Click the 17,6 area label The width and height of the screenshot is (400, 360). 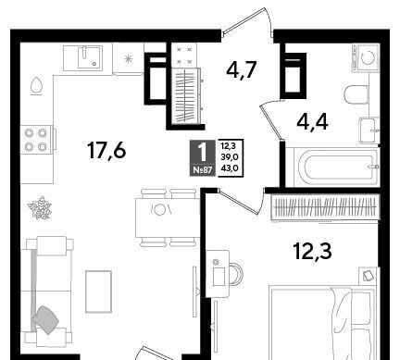[106, 151]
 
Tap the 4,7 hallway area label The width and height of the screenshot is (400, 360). [242, 69]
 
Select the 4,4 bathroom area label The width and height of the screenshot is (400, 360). [312, 121]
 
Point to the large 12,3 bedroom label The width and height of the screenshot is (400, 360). [313, 251]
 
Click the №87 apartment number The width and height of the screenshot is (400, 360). [202, 170]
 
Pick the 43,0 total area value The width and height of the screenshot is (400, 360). [231, 168]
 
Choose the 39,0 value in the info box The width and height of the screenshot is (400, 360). [231, 157]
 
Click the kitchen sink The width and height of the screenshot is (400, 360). [90, 57]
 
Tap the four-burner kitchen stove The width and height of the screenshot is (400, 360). [36, 140]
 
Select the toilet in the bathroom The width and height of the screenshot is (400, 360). [356, 95]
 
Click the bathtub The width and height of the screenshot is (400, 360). [332, 167]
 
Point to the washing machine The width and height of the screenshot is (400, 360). [366, 57]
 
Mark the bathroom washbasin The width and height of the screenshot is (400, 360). [369, 130]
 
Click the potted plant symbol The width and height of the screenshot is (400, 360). [40, 208]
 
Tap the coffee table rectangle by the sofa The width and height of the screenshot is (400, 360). [98, 292]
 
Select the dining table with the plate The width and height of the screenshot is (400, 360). [168, 217]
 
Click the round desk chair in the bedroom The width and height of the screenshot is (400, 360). [236, 273]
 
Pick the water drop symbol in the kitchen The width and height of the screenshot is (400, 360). [36, 85]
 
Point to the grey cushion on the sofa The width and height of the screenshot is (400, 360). [45, 319]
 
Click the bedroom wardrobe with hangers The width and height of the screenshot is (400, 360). [325, 206]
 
